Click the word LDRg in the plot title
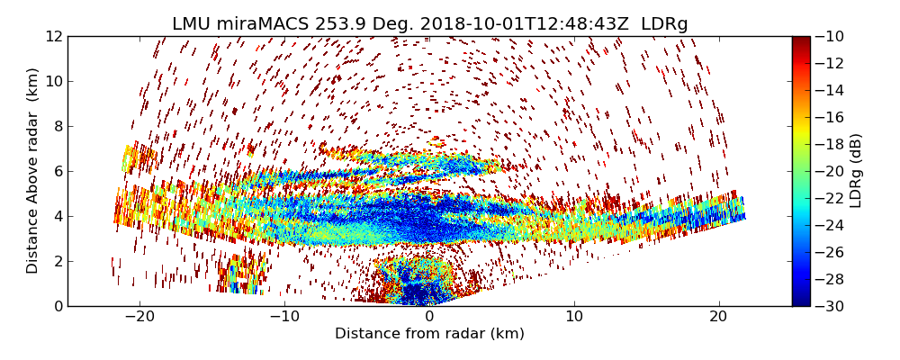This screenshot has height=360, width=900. click(x=664, y=24)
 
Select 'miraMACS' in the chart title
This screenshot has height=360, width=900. click(x=264, y=24)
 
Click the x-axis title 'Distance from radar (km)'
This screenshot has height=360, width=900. click(x=429, y=334)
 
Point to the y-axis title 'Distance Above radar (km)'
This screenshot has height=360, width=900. click(x=33, y=171)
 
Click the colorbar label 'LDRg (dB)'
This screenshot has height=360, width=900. click(x=856, y=171)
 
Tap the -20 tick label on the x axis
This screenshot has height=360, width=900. click(x=139, y=317)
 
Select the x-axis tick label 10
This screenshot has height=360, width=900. click(x=574, y=317)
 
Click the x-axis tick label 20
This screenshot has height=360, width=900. click(x=718, y=317)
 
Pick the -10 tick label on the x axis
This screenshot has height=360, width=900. click(x=284, y=317)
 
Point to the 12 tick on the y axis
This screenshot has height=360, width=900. click(x=53, y=36)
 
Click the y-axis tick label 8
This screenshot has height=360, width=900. click(x=58, y=126)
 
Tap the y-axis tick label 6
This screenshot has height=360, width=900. click(x=58, y=171)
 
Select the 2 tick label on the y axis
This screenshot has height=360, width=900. click(x=58, y=261)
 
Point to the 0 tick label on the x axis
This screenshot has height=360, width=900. click(x=429, y=317)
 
